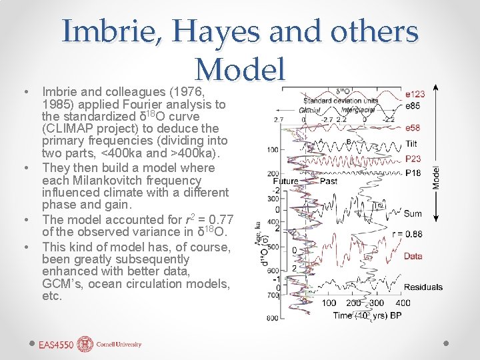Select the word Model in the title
point(241,68)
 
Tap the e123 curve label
point(415,94)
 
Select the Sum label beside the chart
point(413,213)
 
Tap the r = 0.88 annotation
point(407,233)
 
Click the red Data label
point(413,255)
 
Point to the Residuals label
point(423,287)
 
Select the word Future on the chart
point(285,181)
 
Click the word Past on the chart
point(329,181)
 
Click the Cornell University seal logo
point(85,344)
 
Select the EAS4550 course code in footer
point(56,345)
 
